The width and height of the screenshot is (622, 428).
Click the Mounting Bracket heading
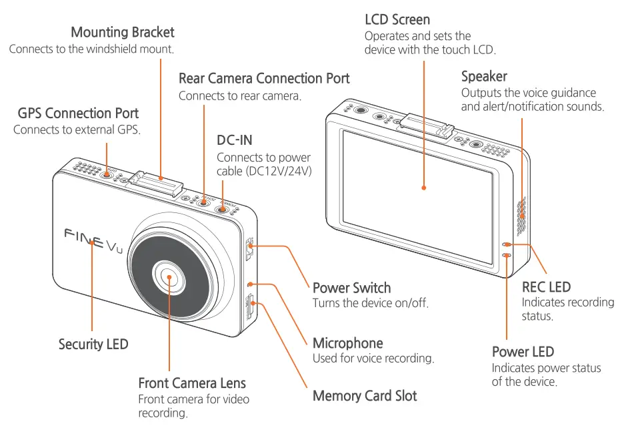[122, 33]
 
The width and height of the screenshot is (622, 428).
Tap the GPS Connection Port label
[78, 114]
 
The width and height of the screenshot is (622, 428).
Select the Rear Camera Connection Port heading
[264, 79]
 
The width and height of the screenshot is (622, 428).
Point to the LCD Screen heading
[397, 19]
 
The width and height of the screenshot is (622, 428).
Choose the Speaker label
[484, 76]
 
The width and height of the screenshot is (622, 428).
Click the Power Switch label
[351, 288]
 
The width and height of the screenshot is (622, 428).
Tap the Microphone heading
[347, 343]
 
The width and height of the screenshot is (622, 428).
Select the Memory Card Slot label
[365, 396]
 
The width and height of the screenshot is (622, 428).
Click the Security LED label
[93, 345]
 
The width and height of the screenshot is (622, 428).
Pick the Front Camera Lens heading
[192, 383]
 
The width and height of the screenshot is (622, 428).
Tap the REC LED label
[546, 287]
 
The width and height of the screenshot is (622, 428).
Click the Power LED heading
[523, 352]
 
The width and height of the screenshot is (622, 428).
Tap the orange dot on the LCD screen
[424, 188]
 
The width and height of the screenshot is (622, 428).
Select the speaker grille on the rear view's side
[521, 213]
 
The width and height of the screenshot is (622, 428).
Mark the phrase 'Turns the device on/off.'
[370, 303]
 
